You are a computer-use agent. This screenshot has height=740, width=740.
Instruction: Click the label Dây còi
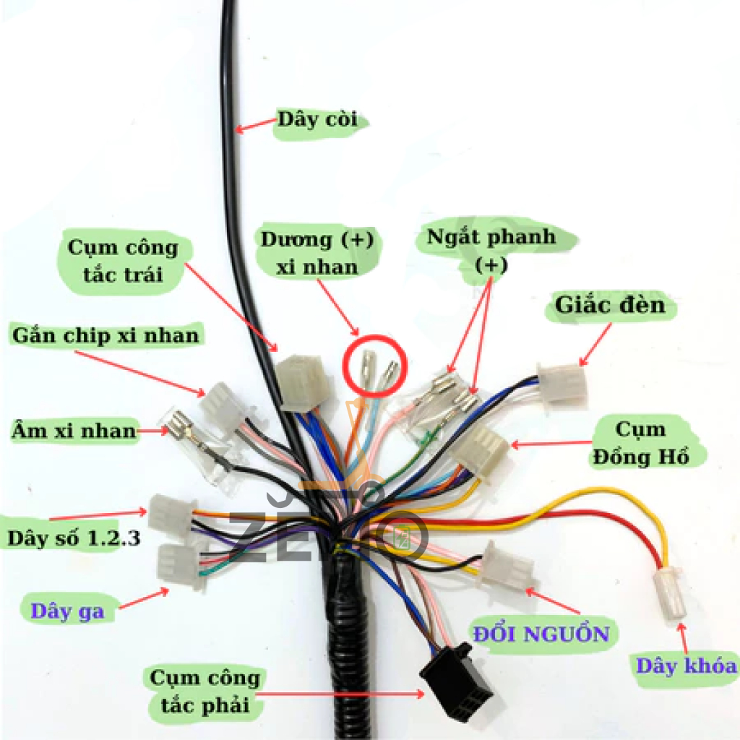coord(317,120)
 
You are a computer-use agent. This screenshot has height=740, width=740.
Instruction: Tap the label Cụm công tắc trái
coord(122,260)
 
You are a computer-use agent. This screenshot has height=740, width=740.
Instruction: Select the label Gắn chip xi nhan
coord(106,335)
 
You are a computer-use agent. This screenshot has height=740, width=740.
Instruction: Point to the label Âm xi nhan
coord(74,431)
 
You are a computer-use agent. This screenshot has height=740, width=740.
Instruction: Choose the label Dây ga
coord(67,611)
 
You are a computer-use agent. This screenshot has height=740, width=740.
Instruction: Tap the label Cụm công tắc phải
coord(204,691)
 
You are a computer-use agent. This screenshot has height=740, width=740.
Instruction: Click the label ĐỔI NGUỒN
coord(541,634)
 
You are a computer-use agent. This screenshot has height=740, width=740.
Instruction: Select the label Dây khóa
coord(686,666)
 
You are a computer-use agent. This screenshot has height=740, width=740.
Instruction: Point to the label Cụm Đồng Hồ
coord(640,443)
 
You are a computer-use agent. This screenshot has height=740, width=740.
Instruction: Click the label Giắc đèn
coord(609,306)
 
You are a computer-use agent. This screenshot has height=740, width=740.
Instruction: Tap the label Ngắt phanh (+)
coord(491,250)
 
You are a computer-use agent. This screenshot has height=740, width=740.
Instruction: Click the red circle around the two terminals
coord(375,366)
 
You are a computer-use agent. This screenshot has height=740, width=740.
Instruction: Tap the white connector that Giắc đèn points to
coord(562,383)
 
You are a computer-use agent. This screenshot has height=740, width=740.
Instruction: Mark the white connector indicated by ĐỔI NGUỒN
coord(509,566)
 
